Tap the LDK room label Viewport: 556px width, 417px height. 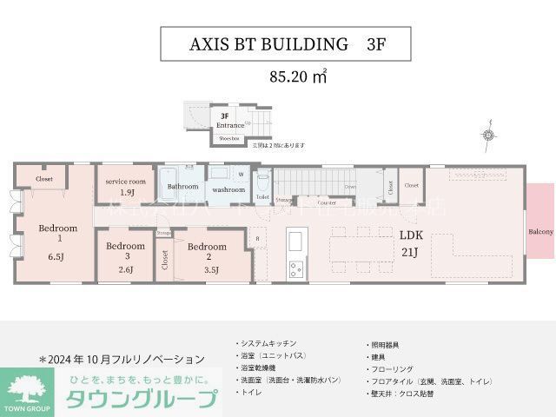(x=410, y=235)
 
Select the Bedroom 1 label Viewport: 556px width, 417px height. (x=57, y=233)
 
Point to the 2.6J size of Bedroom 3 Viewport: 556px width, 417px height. (x=126, y=269)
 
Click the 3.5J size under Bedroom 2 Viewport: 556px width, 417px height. (x=210, y=270)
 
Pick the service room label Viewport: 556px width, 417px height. (x=125, y=181)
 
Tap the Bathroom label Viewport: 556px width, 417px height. (x=183, y=187)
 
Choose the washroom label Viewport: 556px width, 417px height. (x=228, y=189)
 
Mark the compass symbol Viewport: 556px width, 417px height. (x=488, y=136)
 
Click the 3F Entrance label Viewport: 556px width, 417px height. (x=224, y=121)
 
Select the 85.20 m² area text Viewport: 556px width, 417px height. (x=298, y=76)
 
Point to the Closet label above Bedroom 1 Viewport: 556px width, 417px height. (x=44, y=179)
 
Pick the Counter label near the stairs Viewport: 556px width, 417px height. (x=327, y=202)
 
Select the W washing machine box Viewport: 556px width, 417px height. (x=241, y=174)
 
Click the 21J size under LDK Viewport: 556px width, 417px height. (x=410, y=253)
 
